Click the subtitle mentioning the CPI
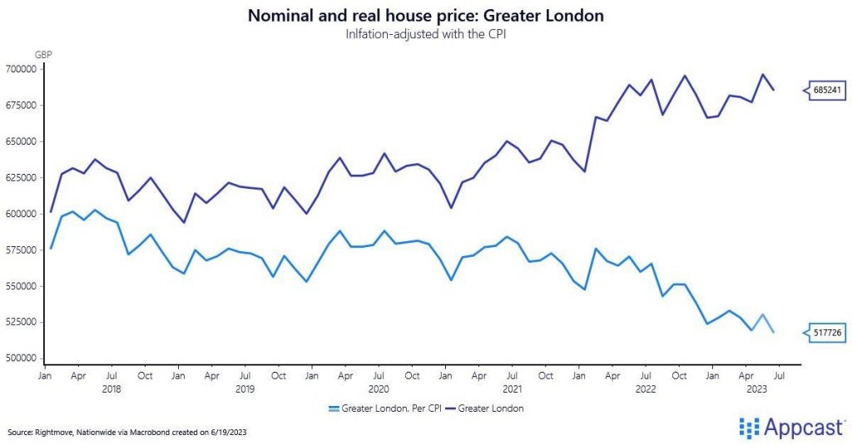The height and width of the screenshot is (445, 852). (x=426, y=34)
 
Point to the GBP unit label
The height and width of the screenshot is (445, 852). (x=43, y=54)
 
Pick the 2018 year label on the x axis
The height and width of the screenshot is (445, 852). (x=111, y=388)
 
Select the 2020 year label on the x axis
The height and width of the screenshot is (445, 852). (x=379, y=388)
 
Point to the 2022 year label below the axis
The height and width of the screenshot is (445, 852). (x=646, y=388)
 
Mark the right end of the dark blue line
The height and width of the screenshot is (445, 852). (x=775, y=90)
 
